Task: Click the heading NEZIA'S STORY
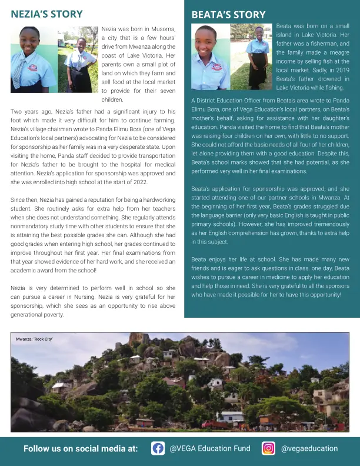(46, 14)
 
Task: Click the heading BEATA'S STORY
(228, 15)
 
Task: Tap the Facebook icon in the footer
(158, 448)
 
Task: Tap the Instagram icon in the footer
(268, 448)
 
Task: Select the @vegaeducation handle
(309, 448)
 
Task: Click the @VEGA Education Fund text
(210, 448)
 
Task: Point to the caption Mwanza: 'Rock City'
(34, 339)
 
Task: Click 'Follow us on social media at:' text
(81, 449)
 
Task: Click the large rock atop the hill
(139, 339)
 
